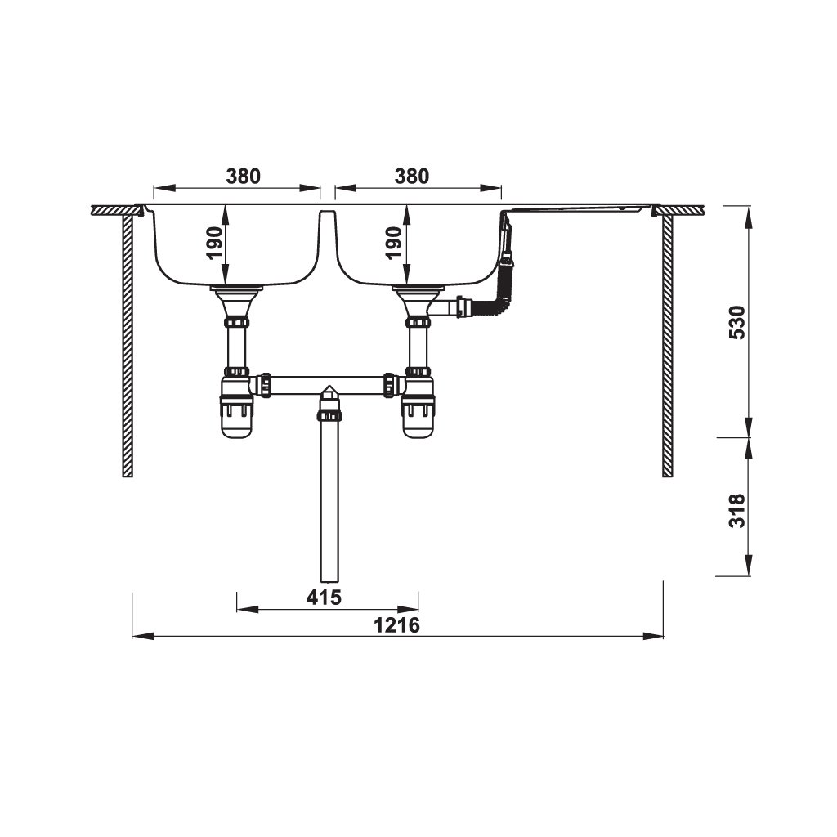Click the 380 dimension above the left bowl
click(244, 177)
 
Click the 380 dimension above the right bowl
click(412, 177)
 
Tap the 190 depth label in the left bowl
click(214, 243)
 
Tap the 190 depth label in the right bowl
click(393, 243)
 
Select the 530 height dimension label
click(736, 322)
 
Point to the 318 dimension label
click(736, 511)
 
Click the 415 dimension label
click(324, 598)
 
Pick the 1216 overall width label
click(396, 625)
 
